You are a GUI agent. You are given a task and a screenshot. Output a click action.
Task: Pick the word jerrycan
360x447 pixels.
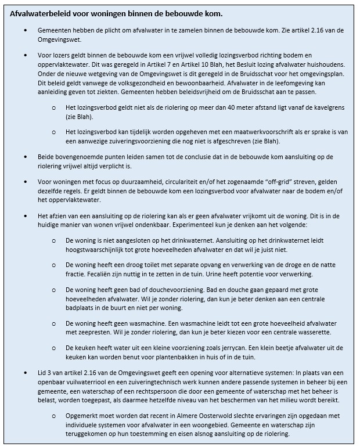pyautogui.click(x=235, y=347)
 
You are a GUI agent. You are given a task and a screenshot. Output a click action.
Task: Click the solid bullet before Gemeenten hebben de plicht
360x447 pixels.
pyautogui.click(x=26, y=29)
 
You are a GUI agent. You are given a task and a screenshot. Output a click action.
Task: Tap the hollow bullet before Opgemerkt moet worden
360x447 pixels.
pyautogui.click(x=54, y=416)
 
